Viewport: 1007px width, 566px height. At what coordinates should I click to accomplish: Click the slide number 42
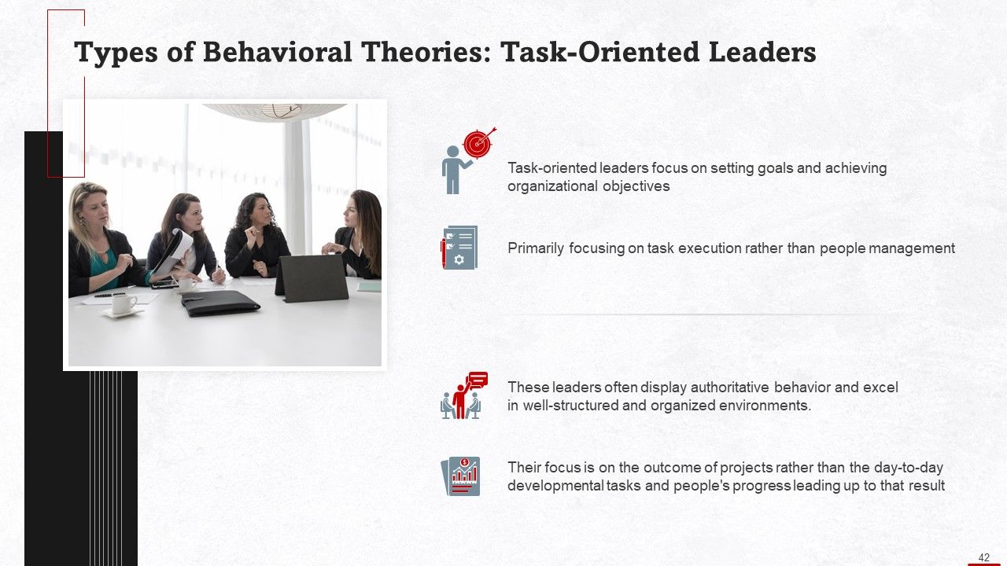[983, 557]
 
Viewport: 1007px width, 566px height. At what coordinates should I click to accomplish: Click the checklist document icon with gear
[459, 248]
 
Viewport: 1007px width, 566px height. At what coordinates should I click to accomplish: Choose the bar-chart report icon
[460, 476]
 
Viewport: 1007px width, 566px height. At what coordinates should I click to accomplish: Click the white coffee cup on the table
[124, 304]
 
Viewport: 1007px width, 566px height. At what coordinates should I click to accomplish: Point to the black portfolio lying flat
[219, 303]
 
